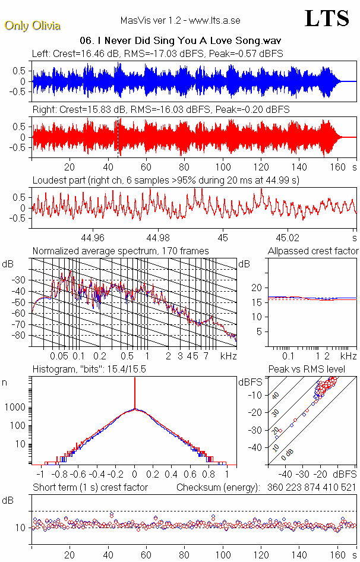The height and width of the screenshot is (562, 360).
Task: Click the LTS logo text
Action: pos(326,18)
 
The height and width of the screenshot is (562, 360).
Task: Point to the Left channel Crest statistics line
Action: pos(157,53)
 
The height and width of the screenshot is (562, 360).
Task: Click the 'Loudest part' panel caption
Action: pos(166,179)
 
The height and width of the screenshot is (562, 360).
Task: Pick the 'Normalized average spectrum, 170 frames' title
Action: pos(121,251)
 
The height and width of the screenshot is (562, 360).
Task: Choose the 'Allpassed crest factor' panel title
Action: pos(313,251)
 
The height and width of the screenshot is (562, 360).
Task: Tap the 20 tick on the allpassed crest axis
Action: pos(257,288)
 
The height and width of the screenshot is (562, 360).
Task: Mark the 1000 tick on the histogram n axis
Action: pos(18,408)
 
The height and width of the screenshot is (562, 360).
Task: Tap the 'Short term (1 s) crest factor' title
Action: pos(90,487)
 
